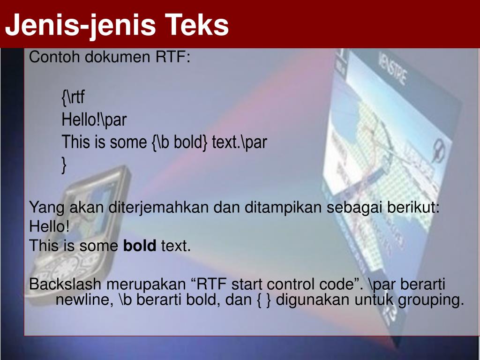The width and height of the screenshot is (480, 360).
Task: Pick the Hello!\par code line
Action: (94, 120)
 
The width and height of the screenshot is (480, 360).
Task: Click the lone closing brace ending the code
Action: (64, 165)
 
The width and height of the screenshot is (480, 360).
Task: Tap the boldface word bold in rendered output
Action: (140, 245)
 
